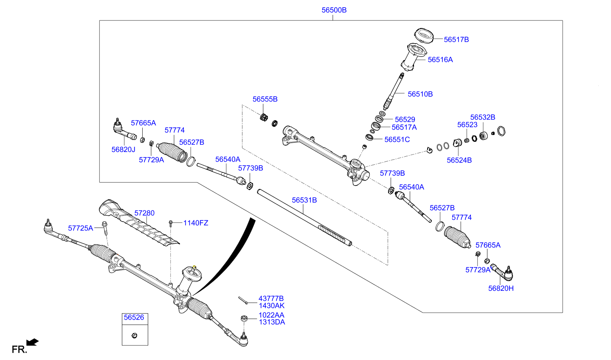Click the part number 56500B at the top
click(334, 10)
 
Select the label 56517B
click(456, 39)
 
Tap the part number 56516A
click(440, 60)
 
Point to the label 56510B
click(420, 94)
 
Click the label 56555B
click(265, 99)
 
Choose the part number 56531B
click(304, 200)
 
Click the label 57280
click(144, 213)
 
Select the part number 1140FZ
click(195, 223)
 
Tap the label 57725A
click(80, 228)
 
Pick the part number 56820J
click(123, 150)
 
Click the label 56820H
click(501, 289)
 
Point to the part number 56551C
click(397, 140)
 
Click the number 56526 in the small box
click(134, 318)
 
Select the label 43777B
click(271, 299)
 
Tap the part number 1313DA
click(272, 322)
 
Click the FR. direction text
click(19, 349)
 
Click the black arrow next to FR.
click(33, 342)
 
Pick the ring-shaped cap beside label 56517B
click(423, 35)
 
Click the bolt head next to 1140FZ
click(170, 222)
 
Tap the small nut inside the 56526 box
click(135, 335)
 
